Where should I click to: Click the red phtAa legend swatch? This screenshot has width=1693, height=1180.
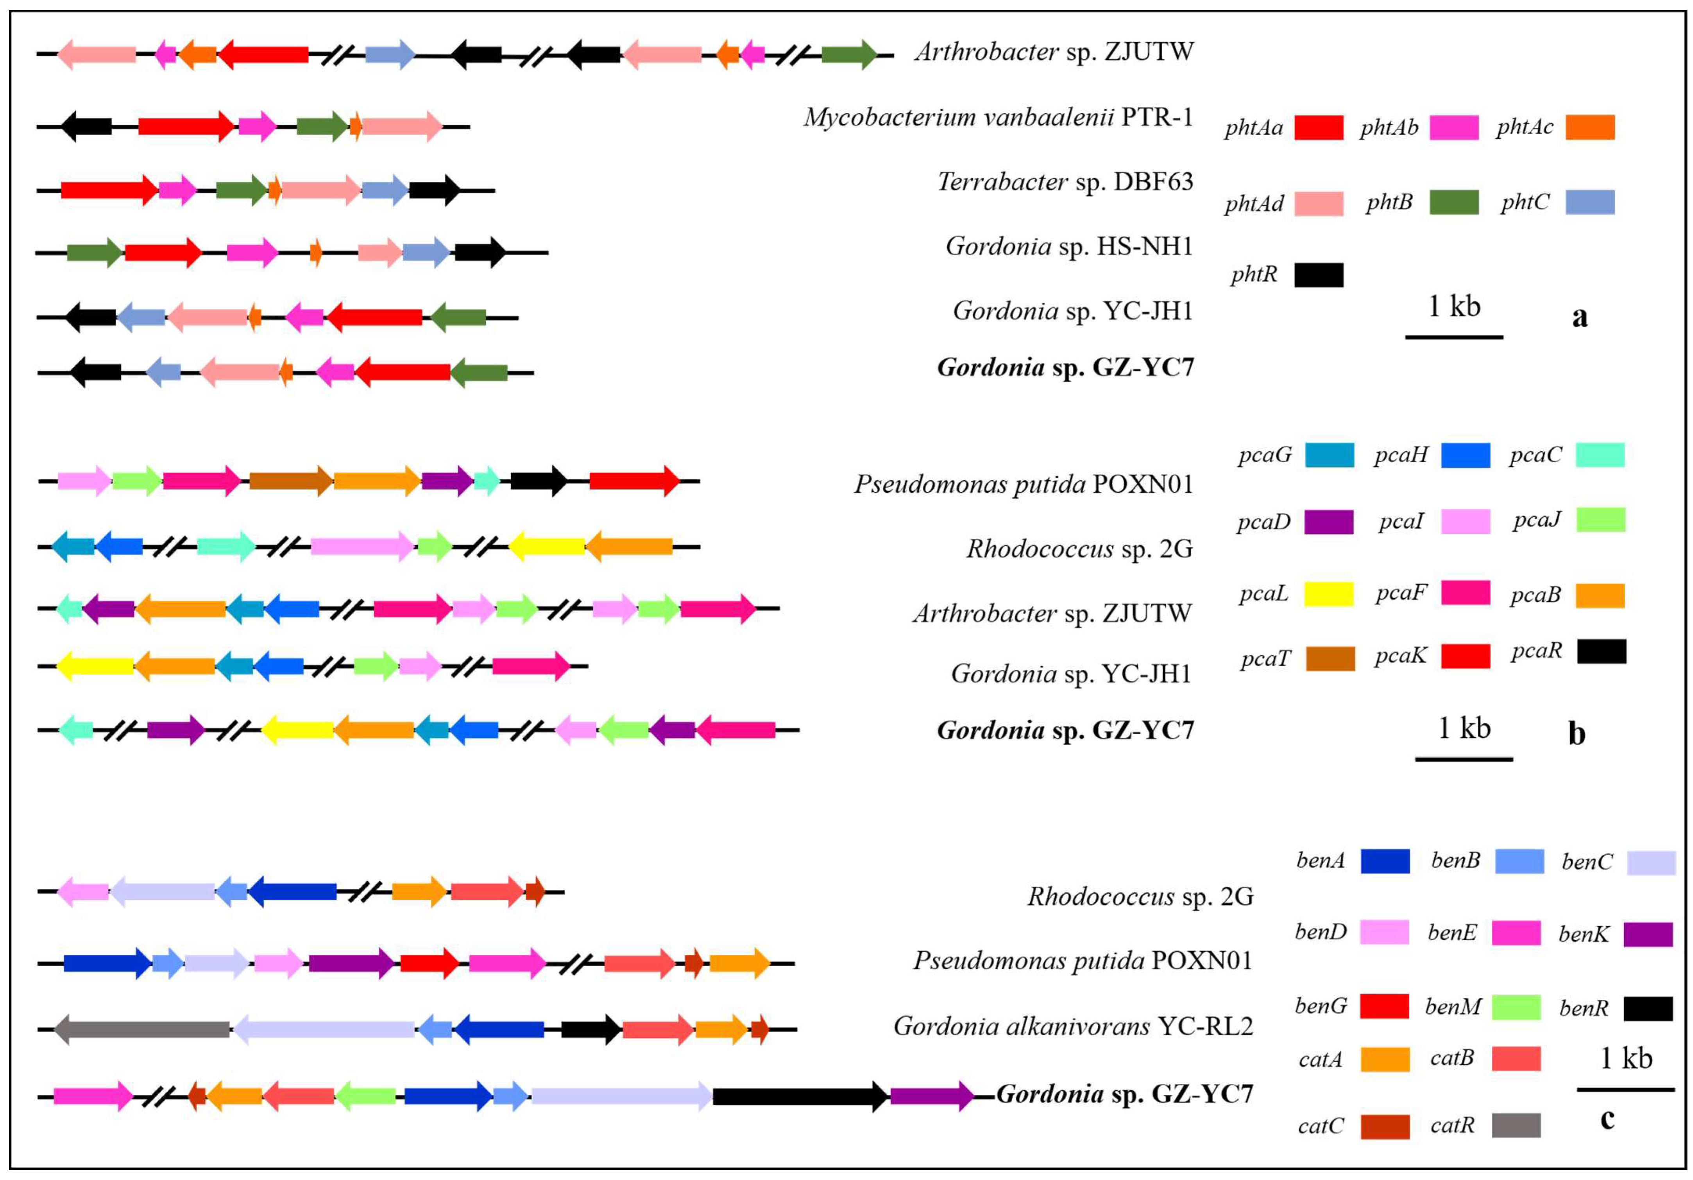point(1319,127)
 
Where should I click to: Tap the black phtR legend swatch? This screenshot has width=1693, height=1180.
point(1319,275)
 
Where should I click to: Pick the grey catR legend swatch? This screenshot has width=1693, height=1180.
point(1516,1125)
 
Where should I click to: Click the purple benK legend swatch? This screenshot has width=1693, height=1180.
point(1648,934)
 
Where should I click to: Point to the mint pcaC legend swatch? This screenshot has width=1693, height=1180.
point(1600,455)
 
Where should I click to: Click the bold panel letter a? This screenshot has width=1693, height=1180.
point(1579,316)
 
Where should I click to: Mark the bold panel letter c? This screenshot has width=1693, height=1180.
point(1607,1119)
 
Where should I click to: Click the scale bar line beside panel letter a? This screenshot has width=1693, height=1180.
point(1454,337)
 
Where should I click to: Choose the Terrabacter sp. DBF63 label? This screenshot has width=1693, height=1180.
point(1065,181)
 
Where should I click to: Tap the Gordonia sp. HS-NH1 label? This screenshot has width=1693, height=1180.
point(1069,246)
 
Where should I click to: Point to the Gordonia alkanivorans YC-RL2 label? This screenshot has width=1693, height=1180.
point(1073,1026)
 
